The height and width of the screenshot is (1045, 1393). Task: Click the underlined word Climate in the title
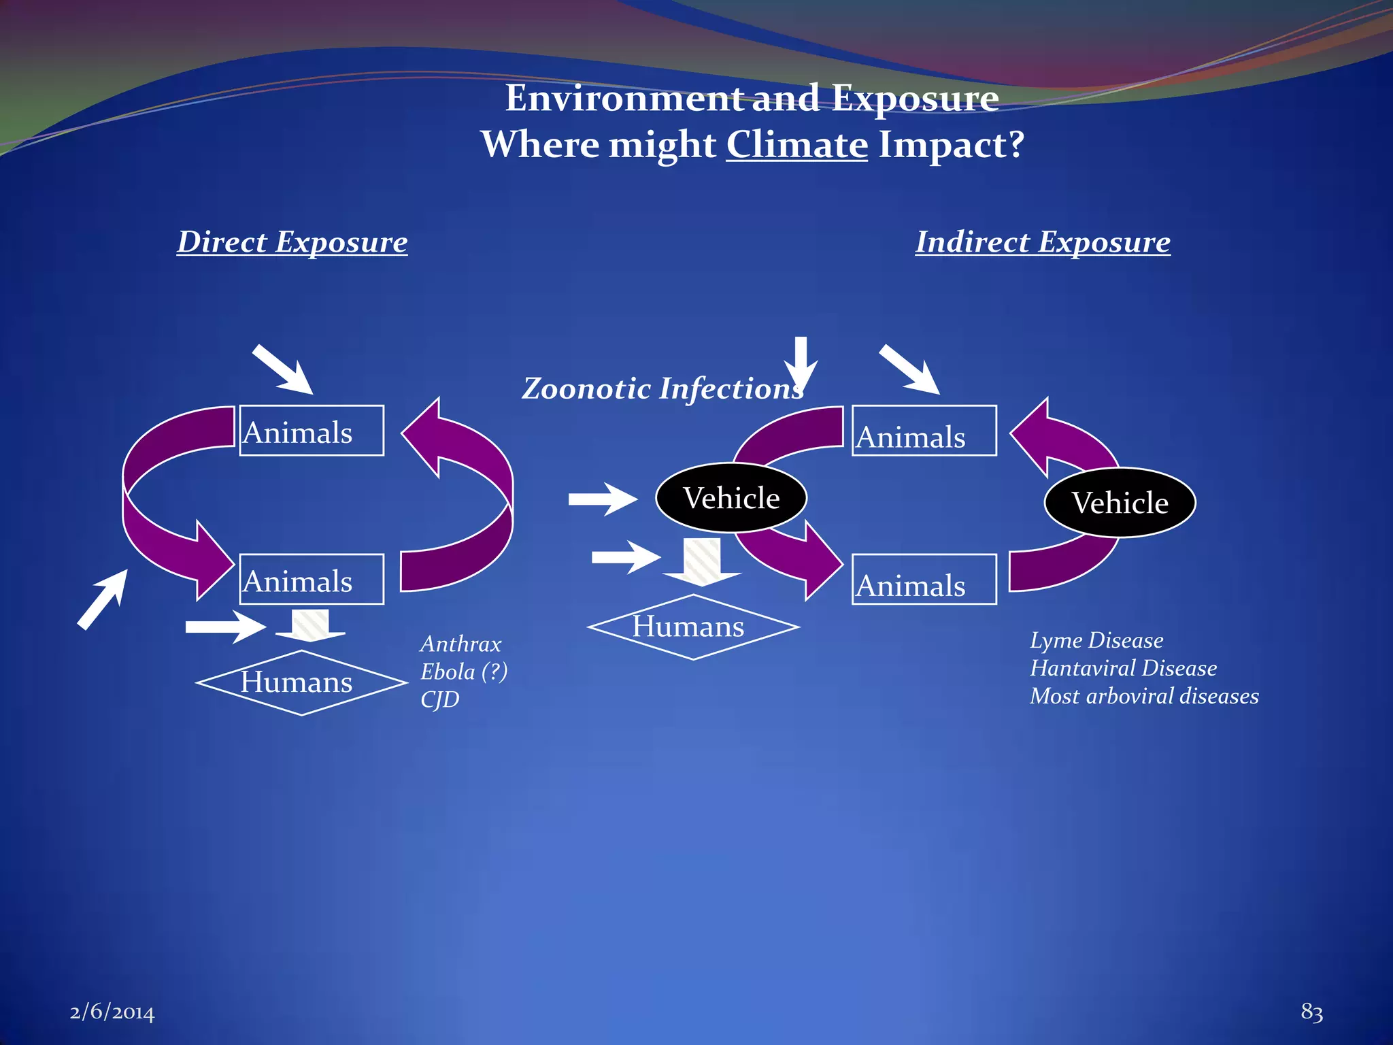(x=796, y=145)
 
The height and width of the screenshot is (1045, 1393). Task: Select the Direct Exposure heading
(x=292, y=242)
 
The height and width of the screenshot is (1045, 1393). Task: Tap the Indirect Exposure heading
(x=1043, y=242)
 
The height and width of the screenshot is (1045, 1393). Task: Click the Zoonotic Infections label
(x=662, y=389)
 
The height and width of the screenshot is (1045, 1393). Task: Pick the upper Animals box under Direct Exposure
(x=312, y=431)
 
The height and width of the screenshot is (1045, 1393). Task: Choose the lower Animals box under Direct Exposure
(x=312, y=580)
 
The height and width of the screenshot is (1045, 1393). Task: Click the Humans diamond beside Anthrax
(x=301, y=682)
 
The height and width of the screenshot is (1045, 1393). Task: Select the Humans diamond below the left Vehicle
(x=692, y=627)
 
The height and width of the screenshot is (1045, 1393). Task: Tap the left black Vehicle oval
(x=731, y=498)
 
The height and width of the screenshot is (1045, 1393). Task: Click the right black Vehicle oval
(x=1120, y=503)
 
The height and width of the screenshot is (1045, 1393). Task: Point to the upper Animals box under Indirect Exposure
(x=924, y=431)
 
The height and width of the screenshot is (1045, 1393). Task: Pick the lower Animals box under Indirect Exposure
(x=924, y=580)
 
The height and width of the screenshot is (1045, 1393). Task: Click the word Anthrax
(x=460, y=644)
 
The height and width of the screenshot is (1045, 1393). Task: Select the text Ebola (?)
(x=464, y=671)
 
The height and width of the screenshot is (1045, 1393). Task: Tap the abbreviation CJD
(x=439, y=699)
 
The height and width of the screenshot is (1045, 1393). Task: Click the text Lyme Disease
(x=1096, y=640)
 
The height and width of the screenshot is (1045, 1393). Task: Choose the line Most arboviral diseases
(x=1144, y=696)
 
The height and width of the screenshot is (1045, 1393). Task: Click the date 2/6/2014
(x=112, y=1012)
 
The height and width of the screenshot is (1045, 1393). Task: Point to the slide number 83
(x=1311, y=1012)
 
